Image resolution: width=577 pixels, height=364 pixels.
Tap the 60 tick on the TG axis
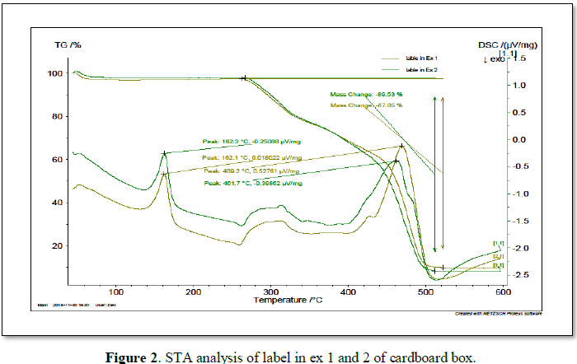(58, 159)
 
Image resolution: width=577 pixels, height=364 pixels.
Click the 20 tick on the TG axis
(58, 245)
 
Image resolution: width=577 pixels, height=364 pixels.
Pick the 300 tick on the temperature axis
(271, 291)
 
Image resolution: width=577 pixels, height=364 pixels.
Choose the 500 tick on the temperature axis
(426, 291)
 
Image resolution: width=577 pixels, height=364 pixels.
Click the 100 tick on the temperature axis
(116, 291)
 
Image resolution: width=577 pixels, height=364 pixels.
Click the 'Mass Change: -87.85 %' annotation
(366, 105)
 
